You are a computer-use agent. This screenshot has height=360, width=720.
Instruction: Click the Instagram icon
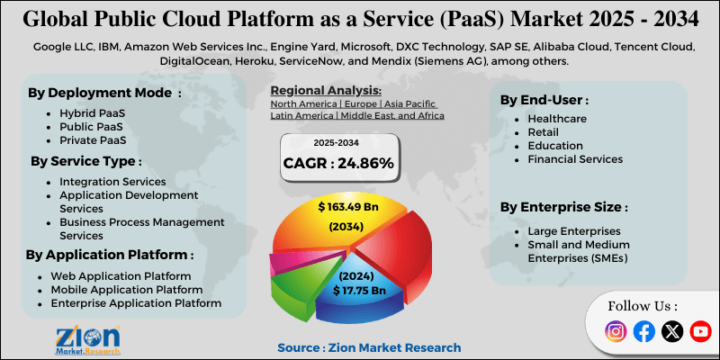coord(616,331)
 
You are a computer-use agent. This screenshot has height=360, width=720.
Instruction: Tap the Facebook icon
coord(643,331)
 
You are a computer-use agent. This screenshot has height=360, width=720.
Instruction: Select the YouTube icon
coord(700,331)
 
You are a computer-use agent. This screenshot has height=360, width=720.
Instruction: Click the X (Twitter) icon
coord(672,331)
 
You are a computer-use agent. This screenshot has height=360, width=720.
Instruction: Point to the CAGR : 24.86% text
coord(338,164)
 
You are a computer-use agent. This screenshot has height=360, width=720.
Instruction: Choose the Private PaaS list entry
coord(92,140)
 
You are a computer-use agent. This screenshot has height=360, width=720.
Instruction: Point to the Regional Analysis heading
coord(326,92)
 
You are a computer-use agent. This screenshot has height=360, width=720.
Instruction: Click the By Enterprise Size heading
coord(563,207)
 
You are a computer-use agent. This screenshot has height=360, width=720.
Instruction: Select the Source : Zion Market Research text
coord(369,347)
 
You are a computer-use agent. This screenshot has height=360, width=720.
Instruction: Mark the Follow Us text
coord(643,305)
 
